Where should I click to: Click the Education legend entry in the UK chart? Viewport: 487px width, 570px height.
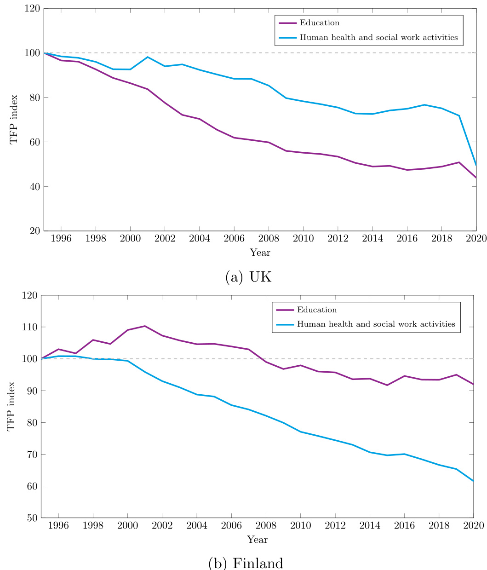(x=319, y=23)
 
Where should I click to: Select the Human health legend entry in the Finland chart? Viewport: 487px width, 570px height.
(x=376, y=324)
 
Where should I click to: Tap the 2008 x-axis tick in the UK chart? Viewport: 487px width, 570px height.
(x=269, y=240)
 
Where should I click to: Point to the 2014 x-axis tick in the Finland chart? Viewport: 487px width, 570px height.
(x=370, y=526)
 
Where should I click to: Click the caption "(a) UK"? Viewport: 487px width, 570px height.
(x=249, y=277)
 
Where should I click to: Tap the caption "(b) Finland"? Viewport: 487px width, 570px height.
(x=246, y=563)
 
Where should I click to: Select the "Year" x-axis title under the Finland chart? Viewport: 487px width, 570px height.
(x=257, y=539)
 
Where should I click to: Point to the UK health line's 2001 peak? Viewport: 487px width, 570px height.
(x=148, y=57)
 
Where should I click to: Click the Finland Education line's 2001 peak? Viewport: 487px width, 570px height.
(x=145, y=326)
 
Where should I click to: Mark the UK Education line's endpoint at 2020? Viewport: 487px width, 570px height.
(x=476, y=178)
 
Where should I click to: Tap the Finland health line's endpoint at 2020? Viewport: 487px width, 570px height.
(x=473, y=481)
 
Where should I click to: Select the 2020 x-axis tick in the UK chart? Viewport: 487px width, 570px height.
(x=476, y=240)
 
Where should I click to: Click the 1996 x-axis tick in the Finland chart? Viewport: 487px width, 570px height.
(x=58, y=526)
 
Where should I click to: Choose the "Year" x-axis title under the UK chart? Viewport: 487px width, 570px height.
(x=260, y=253)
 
